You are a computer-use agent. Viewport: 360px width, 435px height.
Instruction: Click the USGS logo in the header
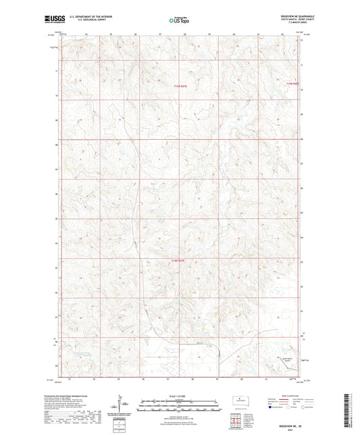49,20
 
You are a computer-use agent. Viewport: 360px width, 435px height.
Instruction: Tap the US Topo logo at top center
179,20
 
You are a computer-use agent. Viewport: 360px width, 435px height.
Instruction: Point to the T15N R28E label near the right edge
291,83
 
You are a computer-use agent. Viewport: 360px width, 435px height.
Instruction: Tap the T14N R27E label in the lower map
178,259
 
